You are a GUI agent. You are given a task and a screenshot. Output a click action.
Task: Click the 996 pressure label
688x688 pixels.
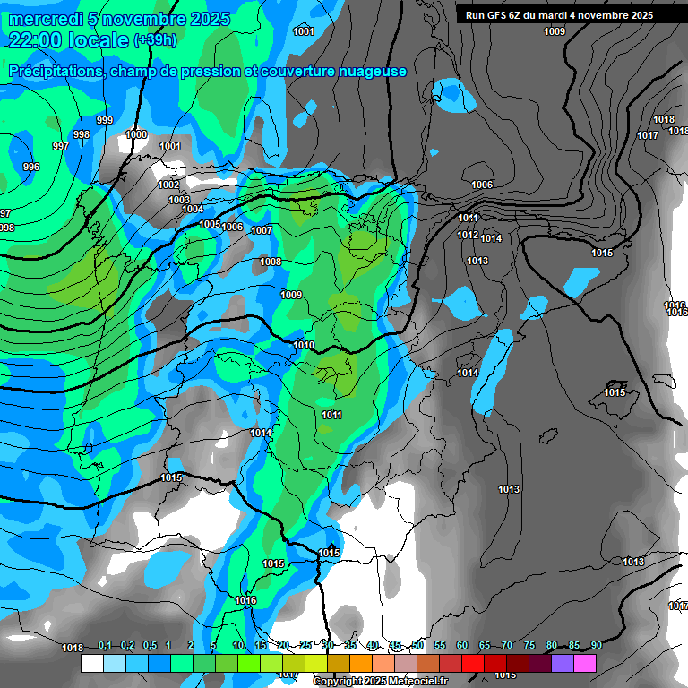tap(31, 167)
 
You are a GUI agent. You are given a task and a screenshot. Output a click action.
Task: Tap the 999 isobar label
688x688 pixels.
tap(105, 121)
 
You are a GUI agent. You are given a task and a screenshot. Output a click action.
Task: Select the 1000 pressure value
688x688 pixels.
tap(136, 134)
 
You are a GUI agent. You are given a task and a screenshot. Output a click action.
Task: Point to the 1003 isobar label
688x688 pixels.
tap(179, 200)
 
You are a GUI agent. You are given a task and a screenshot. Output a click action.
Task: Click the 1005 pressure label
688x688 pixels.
tap(210, 224)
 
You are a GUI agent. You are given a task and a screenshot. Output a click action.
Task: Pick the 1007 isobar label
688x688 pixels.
tap(262, 230)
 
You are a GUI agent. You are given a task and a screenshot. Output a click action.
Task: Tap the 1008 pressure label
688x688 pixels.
tap(271, 262)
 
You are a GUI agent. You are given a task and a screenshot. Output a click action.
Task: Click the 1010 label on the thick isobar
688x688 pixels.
tap(304, 345)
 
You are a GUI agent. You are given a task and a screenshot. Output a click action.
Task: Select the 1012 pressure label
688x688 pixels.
tap(468, 235)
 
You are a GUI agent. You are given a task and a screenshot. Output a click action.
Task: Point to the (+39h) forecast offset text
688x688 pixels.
tap(155, 41)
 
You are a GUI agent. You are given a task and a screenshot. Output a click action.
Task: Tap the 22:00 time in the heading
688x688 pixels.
tap(37, 41)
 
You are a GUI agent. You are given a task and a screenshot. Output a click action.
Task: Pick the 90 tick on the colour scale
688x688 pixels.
tap(596, 645)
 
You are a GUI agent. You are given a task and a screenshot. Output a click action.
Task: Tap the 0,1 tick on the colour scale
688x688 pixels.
tap(105, 645)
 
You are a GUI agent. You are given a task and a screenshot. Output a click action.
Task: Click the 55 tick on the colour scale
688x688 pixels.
tap(440, 645)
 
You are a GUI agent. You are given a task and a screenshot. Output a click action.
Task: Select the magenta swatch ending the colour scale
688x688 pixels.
tap(585, 663)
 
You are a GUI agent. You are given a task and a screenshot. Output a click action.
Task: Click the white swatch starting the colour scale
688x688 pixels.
tap(91, 663)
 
